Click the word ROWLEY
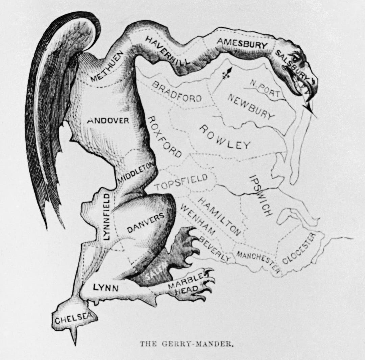[x=224, y=137]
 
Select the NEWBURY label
[x=250, y=106]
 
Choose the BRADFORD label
[x=177, y=91]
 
